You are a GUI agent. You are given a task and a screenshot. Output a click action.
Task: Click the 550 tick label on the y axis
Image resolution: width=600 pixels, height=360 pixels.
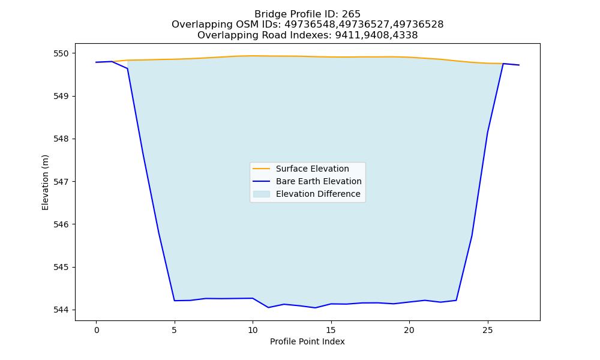61,53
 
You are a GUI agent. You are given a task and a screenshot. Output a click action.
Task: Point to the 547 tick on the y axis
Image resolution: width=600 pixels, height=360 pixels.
61,182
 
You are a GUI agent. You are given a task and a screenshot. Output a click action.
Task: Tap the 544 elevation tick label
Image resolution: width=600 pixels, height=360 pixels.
61,310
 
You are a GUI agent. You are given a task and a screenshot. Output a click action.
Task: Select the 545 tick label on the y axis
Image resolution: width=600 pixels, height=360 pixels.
61,267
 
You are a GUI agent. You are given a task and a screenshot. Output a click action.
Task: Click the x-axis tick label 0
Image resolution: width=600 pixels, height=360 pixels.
97,330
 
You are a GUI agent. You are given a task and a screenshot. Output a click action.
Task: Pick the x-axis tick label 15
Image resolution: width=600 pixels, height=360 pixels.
331,330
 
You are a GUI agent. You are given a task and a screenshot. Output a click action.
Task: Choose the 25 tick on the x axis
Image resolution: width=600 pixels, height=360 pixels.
487,330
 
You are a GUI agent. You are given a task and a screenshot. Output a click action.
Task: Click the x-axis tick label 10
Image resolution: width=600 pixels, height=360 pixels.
253,330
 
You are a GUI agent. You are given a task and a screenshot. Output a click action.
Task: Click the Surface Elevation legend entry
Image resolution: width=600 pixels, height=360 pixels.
312,169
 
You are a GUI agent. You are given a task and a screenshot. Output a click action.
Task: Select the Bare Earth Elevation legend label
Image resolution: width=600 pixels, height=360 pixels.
319,181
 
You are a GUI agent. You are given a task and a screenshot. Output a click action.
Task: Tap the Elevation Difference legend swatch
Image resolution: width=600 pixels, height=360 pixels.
262,194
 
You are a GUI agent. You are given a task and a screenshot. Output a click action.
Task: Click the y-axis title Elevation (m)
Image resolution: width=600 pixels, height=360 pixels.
45,182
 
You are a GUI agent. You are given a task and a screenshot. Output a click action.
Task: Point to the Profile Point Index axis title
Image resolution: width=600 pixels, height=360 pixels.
307,341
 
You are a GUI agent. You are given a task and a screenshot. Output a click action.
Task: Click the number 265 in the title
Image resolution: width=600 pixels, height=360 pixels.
351,14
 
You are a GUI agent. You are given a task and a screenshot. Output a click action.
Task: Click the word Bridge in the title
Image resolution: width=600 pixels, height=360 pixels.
268,14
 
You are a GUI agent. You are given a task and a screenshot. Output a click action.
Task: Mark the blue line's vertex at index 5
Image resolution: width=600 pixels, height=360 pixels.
175,301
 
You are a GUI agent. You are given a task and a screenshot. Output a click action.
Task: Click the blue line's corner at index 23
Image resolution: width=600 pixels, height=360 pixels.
456,301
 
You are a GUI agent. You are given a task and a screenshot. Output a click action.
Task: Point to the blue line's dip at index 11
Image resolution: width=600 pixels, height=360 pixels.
268,308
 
